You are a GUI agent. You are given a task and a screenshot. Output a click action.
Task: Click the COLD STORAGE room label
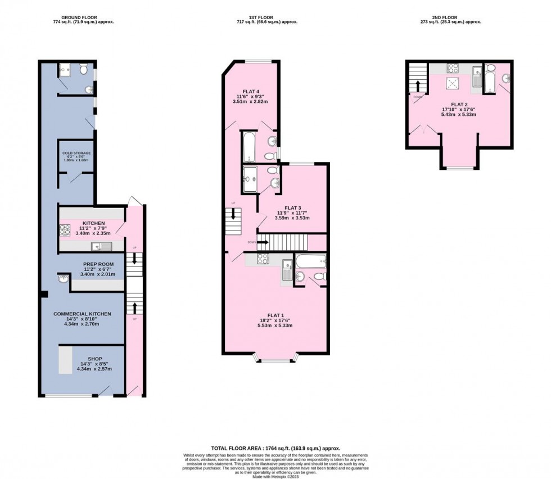[x=76, y=153]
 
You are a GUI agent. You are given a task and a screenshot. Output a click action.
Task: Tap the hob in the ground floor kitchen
[x=64, y=230]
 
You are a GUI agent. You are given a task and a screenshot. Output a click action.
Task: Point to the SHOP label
[x=95, y=358]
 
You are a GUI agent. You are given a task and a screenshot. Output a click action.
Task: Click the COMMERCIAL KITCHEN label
[x=82, y=314]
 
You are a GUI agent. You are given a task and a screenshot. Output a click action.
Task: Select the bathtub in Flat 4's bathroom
[x=249, y=146]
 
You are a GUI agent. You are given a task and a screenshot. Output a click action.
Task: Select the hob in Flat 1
[x=263, y=259]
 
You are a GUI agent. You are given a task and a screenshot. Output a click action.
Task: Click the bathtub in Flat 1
[x=310, y=261]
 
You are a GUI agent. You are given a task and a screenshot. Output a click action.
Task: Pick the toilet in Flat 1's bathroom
[x=319, y=275]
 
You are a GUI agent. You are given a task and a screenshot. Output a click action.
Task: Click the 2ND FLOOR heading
[x=459, y=18]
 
